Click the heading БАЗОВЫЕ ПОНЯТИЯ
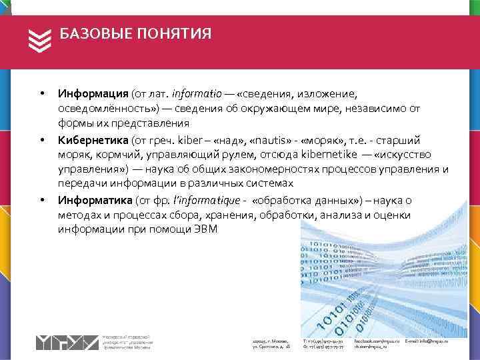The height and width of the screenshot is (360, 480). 135,34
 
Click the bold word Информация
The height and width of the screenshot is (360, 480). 93,94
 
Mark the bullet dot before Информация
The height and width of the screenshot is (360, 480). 41,94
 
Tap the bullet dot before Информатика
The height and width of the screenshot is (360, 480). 41,200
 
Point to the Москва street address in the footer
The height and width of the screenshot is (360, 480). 271,344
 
